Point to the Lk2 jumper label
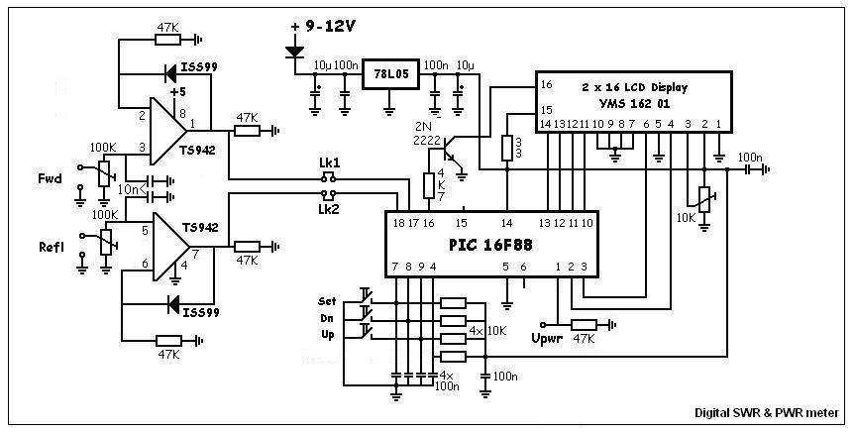(x=329, y=209)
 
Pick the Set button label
(x=327, y=299)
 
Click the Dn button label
(x=327, y=317)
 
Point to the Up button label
(x=327, y=335)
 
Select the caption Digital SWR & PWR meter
(x=766, y=416)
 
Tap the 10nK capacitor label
(x=131, y=187)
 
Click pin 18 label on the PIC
(x=396, y=224)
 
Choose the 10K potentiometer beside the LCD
(x=704, y=199)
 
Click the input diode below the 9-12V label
(x=294, y=49)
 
